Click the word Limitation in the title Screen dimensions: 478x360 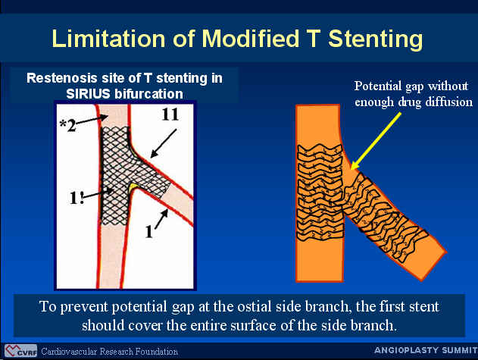pyautogui.click(x=108, y=39)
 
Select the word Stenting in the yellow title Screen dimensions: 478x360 pyautogui.click(x=376, y=39)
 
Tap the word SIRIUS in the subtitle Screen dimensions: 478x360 pyautogui.click(x=88, y=94)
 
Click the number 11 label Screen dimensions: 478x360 pyautogui.click(x=170, y=114)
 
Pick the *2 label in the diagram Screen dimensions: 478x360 pyautogui.click(x=68, y=125)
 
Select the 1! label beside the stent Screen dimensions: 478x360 pyautogui.click(x=77, y=198)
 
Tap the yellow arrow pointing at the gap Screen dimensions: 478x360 pyautogui.click(x=376, y=141)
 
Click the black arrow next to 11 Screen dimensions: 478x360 pyautogui.click(x=164, y=143)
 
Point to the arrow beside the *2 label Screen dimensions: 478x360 pyautogui.click(x=92, y=120)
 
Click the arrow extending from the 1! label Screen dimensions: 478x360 pyautogui.click(x=98, y=194)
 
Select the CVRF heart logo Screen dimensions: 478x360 pyautogui.click(x=20, y=351)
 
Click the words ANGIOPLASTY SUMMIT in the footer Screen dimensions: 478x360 pyautogui.click(x=426, y=350)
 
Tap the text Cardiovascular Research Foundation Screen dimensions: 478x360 pyautogui.click(x=109, y=352)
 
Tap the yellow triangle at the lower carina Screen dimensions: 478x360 pyautogui.click(x=133, y=187)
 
